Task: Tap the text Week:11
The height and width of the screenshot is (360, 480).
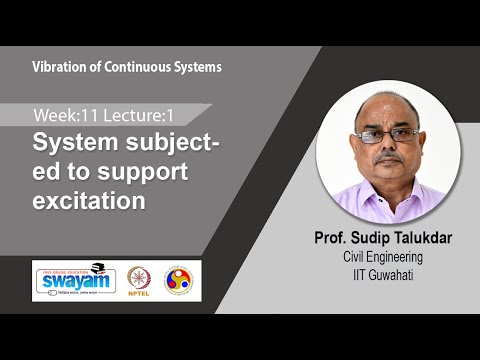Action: coord(63,114)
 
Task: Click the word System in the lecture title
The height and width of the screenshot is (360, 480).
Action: coord(67,142)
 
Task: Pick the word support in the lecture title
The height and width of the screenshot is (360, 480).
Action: coord(132,171)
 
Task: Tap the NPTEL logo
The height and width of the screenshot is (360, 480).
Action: coord(141,280)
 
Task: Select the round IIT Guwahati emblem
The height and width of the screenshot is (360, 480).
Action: coord(181,279)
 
